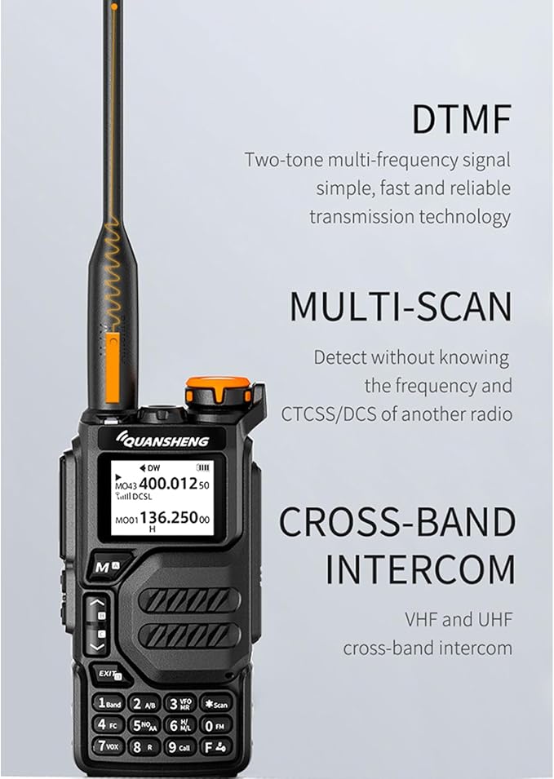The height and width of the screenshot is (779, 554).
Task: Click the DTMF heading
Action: point(462,119)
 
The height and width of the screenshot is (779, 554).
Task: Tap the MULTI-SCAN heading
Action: point(401,307)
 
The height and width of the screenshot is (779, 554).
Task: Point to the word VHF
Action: point(421,619)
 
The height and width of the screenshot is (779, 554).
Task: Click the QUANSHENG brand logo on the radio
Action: point(162,440)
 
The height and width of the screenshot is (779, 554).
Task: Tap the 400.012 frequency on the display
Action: point(168,483)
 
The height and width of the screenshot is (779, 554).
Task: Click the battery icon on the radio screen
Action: point(202,467)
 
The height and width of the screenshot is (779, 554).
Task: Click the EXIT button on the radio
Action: point(109,674)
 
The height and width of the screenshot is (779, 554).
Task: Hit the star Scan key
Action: point(216,704)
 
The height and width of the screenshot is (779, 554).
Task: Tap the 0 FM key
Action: point(215,726)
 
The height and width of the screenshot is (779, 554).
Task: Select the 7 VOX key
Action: point(109,746)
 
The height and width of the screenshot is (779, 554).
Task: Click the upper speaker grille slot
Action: point(188,600)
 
